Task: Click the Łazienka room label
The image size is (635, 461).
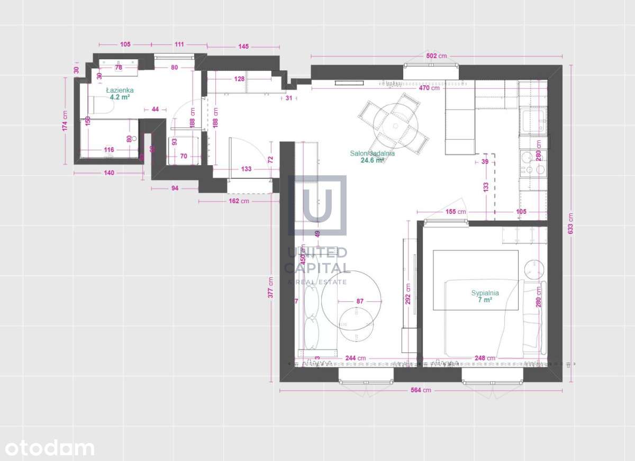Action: pyautogui.click(x=120, y=91)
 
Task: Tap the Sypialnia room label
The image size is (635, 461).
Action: pyautogui.click(x=485, y=293)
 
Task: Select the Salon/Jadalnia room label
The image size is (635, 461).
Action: pyautogui.click(x=372, y=153)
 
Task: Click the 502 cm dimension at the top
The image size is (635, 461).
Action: pyautogui.click(x=437, y=56)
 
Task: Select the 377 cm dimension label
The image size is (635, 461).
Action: pyautogui.click(x=271, y=287)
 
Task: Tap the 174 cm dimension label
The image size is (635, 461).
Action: pyautogui.click(x=65, y=120)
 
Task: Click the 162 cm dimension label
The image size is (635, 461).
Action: pyautogui.click(x=238, y=201)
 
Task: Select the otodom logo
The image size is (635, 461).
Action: pyautogui.click(x=47, y=448)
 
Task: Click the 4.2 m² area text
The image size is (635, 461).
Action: pyautogui.click(x=120, y=97)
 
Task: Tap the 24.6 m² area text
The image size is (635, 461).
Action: pyautogui.click(x=372, y=160)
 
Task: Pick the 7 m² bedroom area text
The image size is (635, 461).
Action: pyautogui.click(x=485, y=300)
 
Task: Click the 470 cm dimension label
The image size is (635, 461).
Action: pyautogui.click(x=429, y=88)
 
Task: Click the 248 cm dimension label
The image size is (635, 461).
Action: pyautogui.click(x=484, y=358)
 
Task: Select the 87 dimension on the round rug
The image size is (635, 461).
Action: pyautogui.click(x=360, y=301)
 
